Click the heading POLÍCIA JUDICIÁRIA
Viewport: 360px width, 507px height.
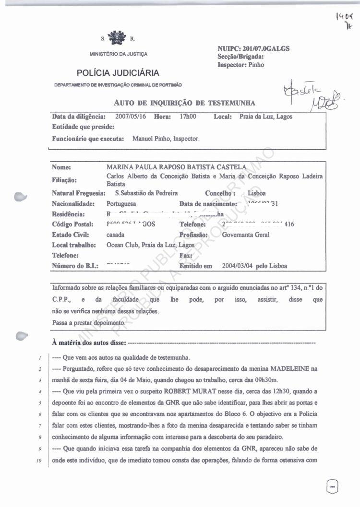[118, 73]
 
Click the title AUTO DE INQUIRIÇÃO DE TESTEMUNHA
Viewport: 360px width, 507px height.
[184, 103]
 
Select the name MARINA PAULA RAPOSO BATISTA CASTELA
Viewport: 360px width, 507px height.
[177, 167]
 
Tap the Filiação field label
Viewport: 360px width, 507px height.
[64, 180]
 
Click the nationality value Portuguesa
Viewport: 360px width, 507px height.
[123, 203]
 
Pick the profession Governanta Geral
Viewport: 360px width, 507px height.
[246, 235]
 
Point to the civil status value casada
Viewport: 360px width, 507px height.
[115, 235]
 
